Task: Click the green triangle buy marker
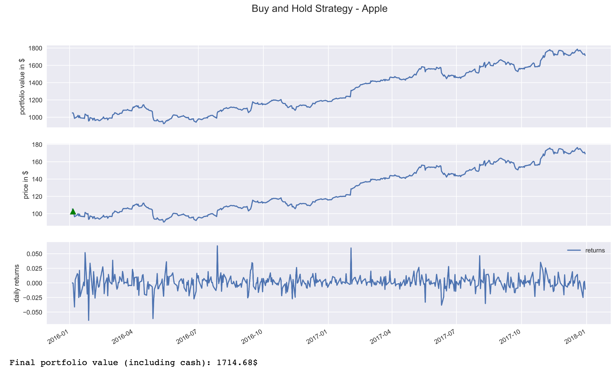(73, 211)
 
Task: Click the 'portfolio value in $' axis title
(22, 86)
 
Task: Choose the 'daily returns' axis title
(17, 283)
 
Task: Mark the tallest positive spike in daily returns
(217, 246)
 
